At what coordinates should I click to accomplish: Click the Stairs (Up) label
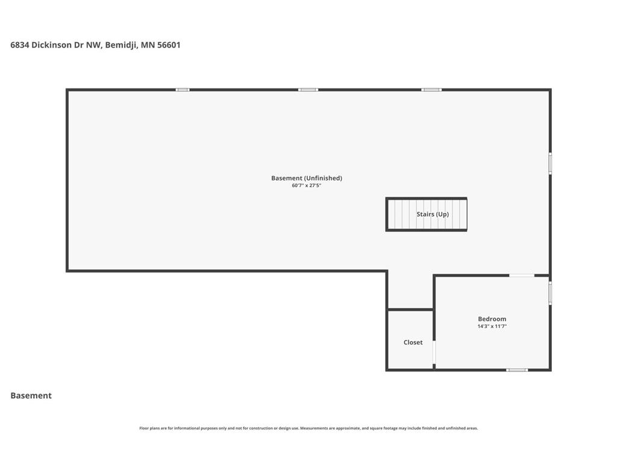pyautogui.click(x=433, y=214)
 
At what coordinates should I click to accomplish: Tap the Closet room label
pyautogui.click(x=413, y=342)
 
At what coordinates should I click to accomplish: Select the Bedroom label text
pyautogui.click(x=492, y=319)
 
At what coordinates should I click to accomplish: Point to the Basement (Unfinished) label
pyautogui.click(x=307, y=178)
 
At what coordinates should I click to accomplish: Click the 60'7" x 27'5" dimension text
pyautogui.click(x=307, y=185)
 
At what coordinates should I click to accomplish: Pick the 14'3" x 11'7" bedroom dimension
pyautogui.click(x=492, y=326)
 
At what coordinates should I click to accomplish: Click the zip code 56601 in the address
pyautogui.click(x=169, y=45)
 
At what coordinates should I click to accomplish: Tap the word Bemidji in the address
pyautogui.click(x=121, y=45)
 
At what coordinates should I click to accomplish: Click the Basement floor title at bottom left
pyautogui.click(x=31, y=396)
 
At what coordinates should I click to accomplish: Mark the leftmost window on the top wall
pyautogui.click(x=183, y=90)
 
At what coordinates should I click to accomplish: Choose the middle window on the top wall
pyautogui.click(x=308, y=90)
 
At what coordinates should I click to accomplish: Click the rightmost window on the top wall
pyautogui.click(x=431, y=90)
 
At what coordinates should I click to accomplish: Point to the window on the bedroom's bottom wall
pyautogui.click(x=517, y=370)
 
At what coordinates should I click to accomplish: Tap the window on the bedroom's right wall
pyautogui.click(x=550, y=293)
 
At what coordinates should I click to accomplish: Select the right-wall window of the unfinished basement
pyautogui.click(x=550, y=164)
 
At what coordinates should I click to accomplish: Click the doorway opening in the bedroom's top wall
pyautogui.click(x=522, y=276)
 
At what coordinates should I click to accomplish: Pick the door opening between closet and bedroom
pyautogui.click(x=434, y=353)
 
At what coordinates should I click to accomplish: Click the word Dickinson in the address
pyautogui.click(x=52, y=45)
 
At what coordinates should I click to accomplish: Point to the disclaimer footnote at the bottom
pyautogui.click(x=308, y=428)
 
